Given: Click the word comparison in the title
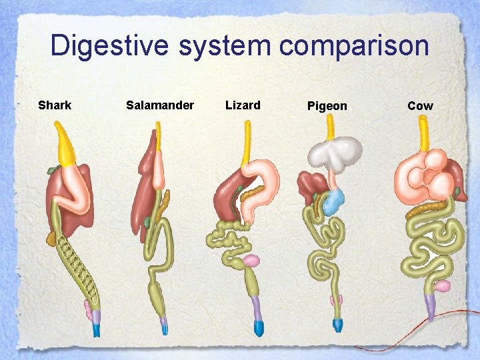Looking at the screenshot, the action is [x=354, y=46].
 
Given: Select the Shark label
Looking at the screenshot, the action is [x=55, y=105].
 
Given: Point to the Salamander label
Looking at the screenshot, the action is [x=160, y=105].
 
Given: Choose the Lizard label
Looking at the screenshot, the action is [x=243, y=105].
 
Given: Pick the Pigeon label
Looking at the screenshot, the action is [x=327, y=106].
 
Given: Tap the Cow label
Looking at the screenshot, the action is [x=420, y=106].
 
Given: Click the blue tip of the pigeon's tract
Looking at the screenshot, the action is [x=337, y=325].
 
